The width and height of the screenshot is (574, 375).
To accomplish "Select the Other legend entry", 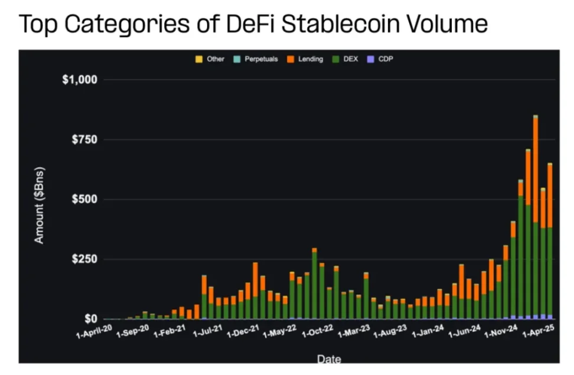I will tap(211, 59).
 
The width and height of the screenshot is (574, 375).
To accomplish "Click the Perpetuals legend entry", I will tap(256, 59).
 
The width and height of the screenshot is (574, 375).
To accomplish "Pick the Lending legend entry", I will tap(306, 59).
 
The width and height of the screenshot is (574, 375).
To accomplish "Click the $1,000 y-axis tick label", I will tap(80, 79).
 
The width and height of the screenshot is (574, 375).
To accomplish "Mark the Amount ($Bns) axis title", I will tap(39, 205).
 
